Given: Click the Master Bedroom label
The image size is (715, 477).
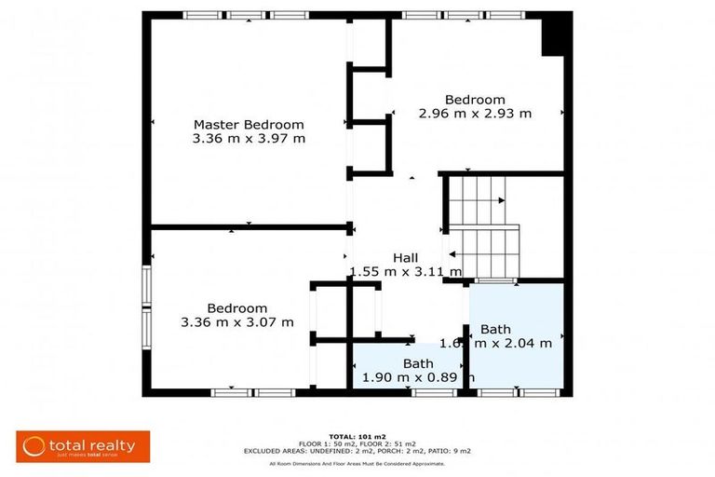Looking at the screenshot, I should [x=249, y=124].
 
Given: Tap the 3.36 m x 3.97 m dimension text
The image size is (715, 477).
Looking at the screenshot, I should [x=249, y=139].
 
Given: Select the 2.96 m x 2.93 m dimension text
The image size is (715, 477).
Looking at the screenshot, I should [x=475, y=114].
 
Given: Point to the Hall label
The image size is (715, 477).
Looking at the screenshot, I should [x=405, y=258].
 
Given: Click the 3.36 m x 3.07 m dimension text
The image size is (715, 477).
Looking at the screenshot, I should [x=237, y=322].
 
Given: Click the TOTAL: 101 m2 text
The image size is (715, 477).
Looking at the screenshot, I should [x=357, y=436].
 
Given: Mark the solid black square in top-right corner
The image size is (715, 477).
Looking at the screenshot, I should [x=556, y=35].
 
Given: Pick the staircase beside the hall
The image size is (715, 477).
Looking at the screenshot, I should [x=482, y=226].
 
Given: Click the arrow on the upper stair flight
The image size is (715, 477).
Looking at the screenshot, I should [x=501, y=199].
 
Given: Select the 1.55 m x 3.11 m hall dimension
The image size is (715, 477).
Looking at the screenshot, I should [x=405, y=272].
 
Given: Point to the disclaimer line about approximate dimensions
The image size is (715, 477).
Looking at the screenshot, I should [x=357, y=463].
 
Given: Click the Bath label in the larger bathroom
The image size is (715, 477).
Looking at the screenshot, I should [x=495, y=329].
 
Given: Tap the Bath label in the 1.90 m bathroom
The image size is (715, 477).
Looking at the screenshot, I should [x=418, y=363].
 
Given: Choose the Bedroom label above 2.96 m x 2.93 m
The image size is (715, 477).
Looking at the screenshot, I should [x=475, y=100].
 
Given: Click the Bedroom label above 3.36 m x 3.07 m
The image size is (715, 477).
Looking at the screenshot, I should [x=237, y=308].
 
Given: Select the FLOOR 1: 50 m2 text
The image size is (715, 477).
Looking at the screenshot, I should [x=324, y=443].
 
